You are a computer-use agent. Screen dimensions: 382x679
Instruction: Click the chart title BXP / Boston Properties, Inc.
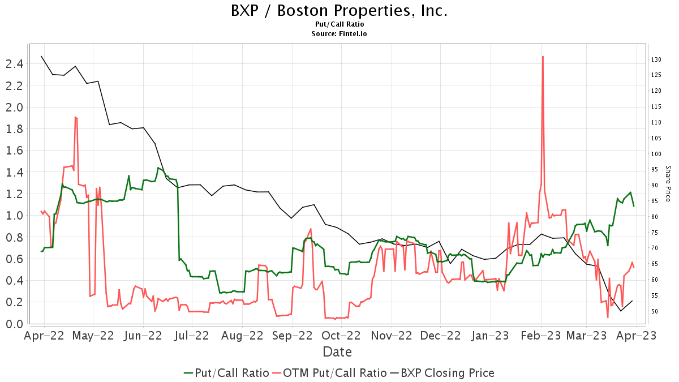[339, 11]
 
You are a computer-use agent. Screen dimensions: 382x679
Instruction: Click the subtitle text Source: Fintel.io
[339, 34]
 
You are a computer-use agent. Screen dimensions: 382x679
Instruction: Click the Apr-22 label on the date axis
[44, 336]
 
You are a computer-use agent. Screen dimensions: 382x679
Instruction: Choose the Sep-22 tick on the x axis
[293, 336]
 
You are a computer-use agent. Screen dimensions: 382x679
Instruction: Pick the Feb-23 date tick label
[542, 336]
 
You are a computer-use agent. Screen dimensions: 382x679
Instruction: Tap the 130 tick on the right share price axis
[656, 59]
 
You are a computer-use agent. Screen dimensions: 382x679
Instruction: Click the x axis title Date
[337, 352]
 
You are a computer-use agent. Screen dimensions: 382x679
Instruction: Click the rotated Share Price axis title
[668, 184]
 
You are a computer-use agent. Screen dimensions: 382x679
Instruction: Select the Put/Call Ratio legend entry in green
[226, 373]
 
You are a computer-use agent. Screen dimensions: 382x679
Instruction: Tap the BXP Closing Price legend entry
[442, 373]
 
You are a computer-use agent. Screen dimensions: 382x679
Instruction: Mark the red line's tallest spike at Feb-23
[543, 57]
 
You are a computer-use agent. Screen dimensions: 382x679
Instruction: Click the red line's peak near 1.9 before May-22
[75, 117]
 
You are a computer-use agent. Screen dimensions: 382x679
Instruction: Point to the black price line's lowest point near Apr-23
[621, 311]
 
